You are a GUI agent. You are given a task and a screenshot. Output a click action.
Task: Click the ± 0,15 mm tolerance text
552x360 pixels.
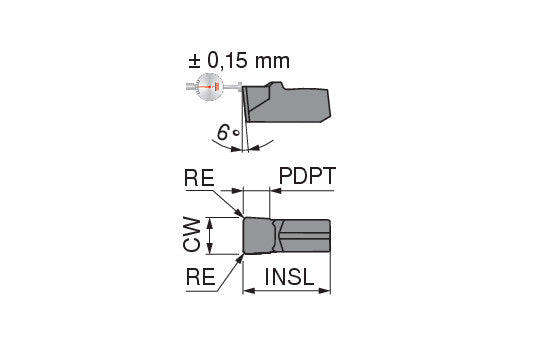[x=239, y=61]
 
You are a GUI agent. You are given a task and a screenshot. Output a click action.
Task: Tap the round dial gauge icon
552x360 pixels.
[x=210, y=87]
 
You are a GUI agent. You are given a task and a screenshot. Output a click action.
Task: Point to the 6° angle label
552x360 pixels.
[x=228, y=133]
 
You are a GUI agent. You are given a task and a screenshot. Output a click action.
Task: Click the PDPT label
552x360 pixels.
[x=307, y=176]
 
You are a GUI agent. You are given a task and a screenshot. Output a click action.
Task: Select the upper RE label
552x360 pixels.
[x=199, y=178]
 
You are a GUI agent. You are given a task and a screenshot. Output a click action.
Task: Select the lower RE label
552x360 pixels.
[x=200, y=277]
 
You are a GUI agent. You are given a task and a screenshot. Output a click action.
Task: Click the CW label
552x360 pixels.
[x=192, y=234]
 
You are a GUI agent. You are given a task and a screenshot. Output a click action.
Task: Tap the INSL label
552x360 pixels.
[x=289, y=277]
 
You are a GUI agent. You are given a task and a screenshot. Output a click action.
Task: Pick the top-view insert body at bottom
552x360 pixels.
[x=287, y=235]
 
